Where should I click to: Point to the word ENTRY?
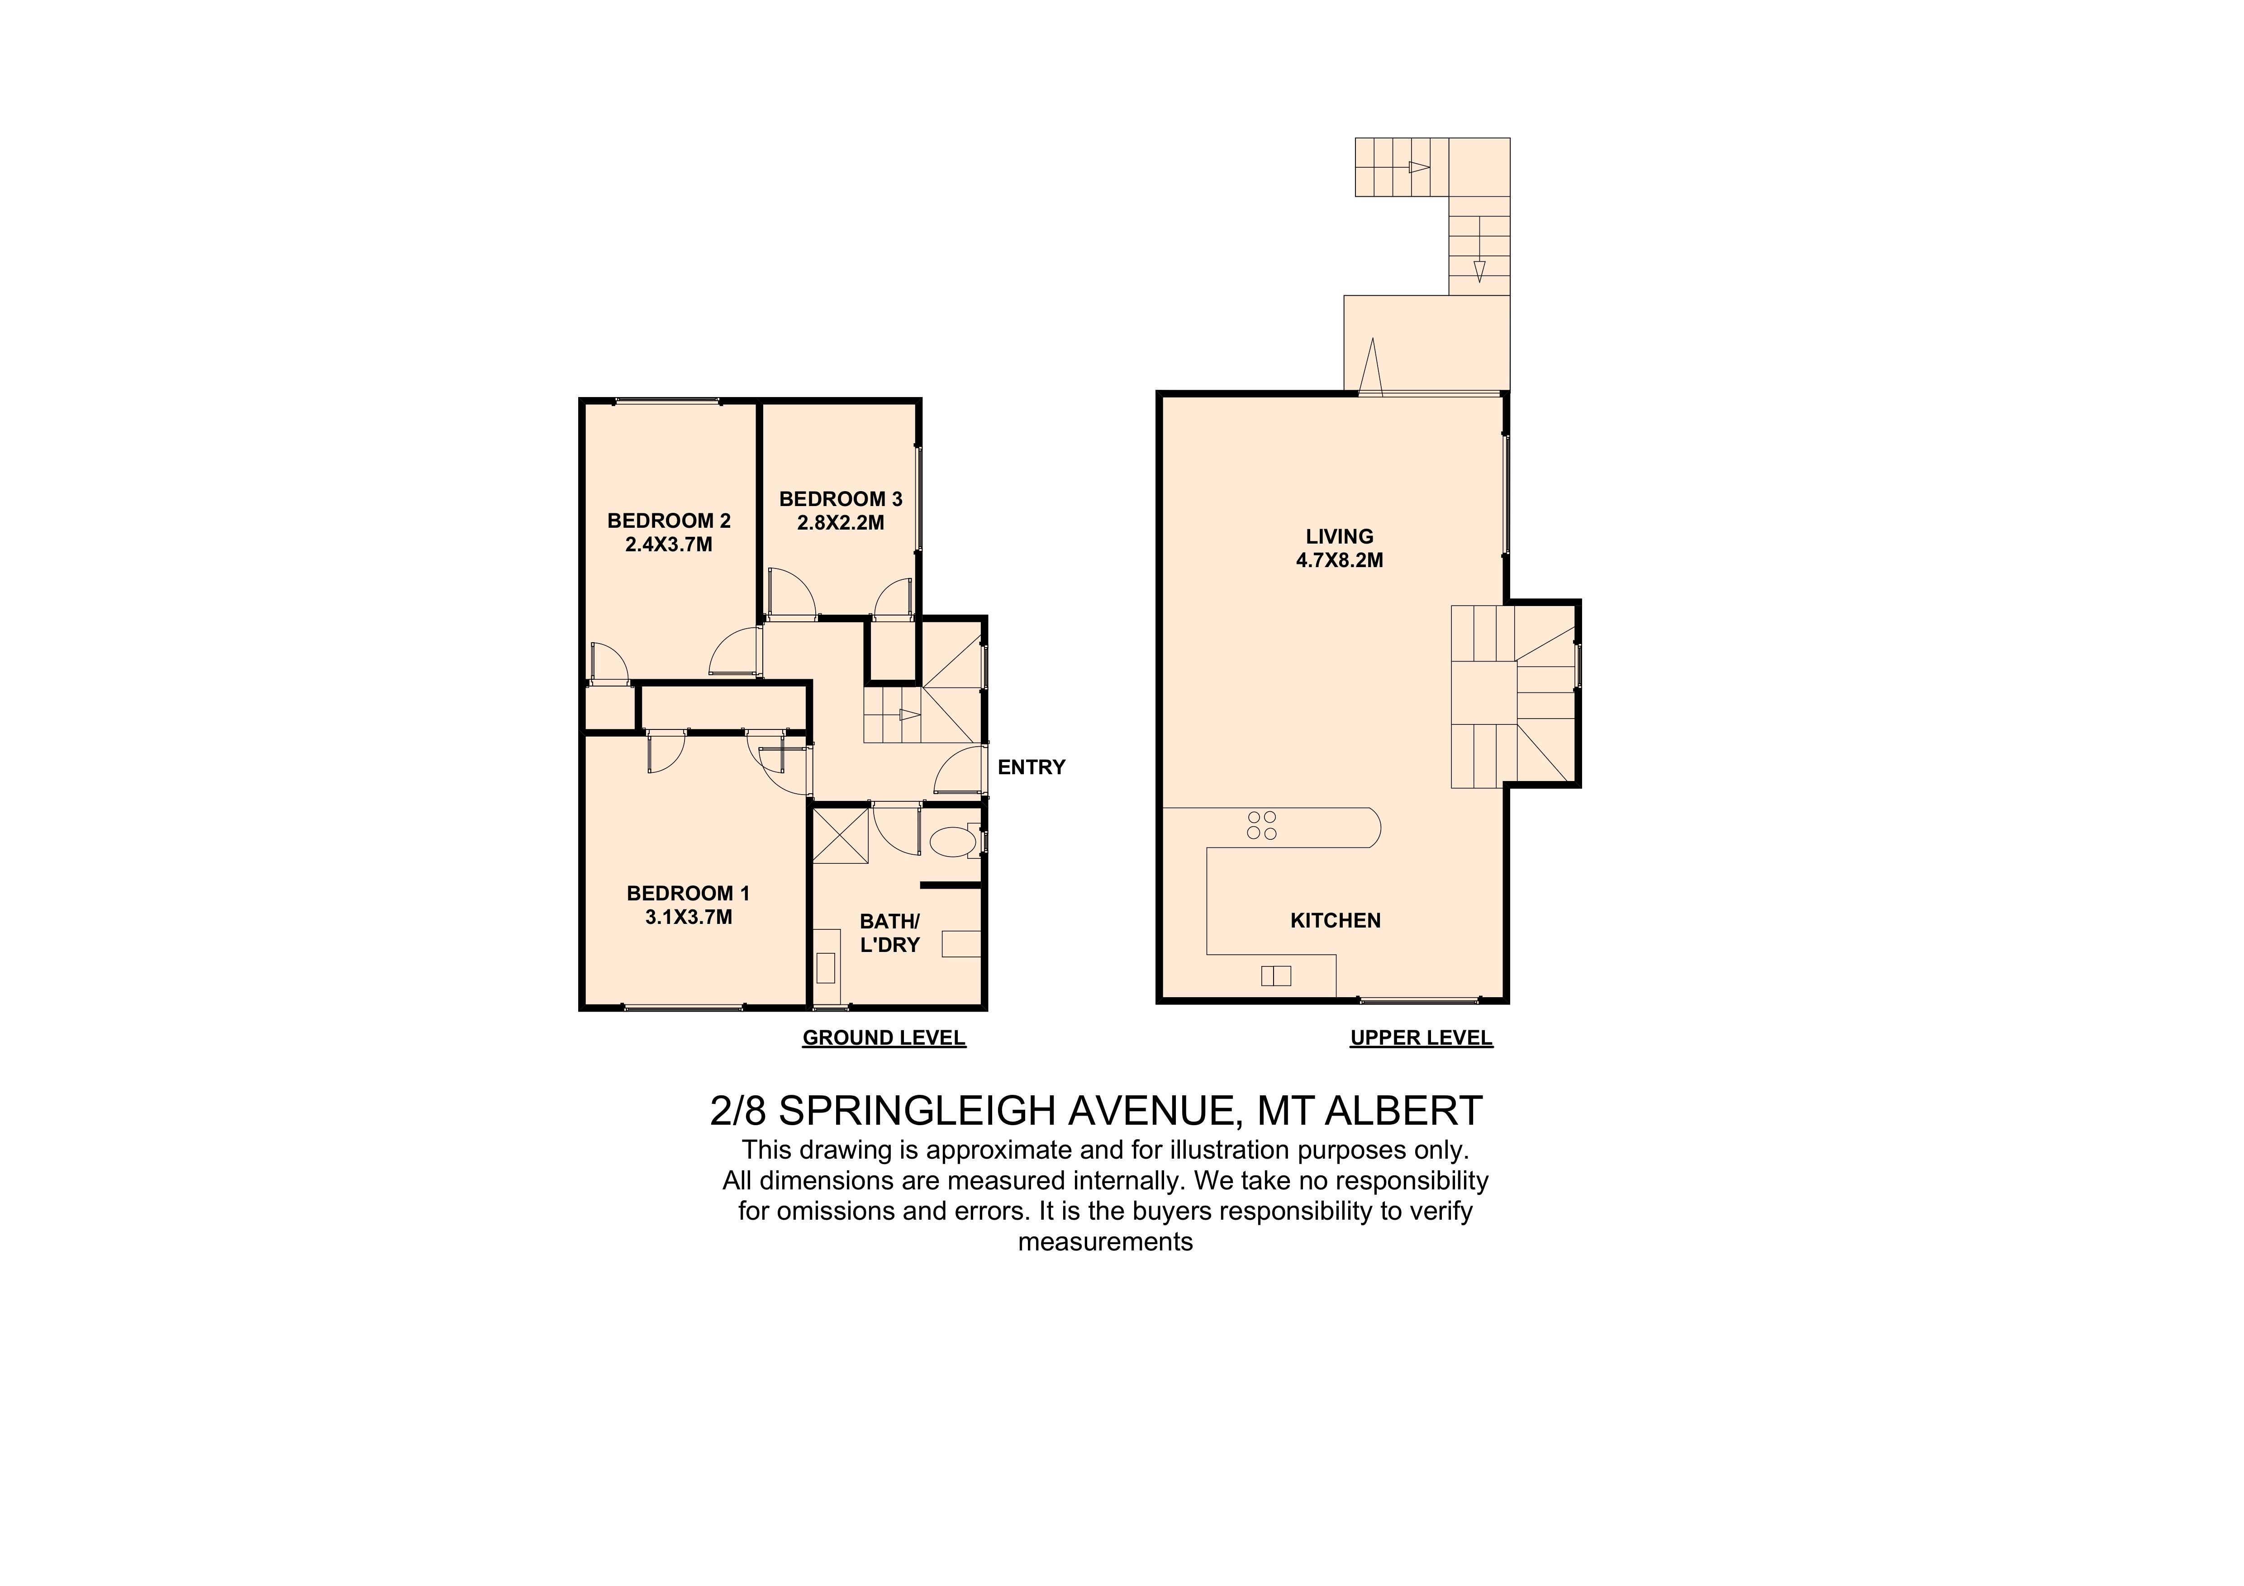pyautogui.click(x=1031, y=767)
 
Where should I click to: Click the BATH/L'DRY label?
pyautogui.click(x=889, y=932)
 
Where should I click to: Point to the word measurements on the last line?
pyautogui.click(x=1105, y=1242)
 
